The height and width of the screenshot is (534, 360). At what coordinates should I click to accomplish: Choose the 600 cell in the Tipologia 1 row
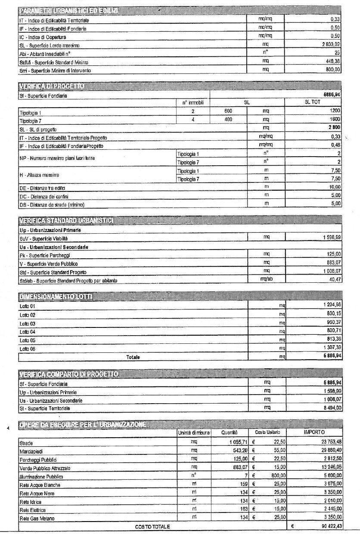228,111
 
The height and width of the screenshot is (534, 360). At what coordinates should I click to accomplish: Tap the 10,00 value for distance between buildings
334,188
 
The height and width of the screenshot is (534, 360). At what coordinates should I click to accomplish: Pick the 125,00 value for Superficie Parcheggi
334,254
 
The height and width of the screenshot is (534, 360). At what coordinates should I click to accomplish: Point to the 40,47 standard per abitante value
335,280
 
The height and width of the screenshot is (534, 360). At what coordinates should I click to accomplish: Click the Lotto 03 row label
27,323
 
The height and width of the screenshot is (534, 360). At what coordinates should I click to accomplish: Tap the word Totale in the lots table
133,357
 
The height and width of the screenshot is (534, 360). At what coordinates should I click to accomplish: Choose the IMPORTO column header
314,432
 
